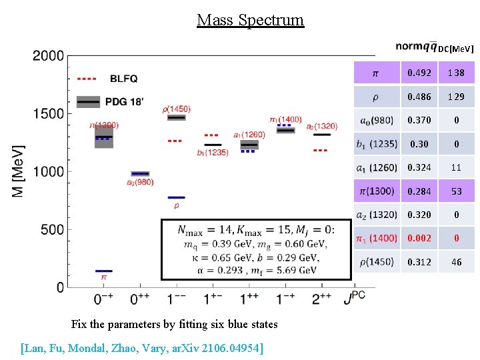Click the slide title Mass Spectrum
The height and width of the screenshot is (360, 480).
click(250, 20)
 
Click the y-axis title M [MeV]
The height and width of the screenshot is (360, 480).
click(19, 171)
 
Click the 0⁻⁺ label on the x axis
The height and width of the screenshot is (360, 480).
click(103, 299)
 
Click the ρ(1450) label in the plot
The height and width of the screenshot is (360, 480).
click(176, 109)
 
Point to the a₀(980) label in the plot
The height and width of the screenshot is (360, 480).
click(140, 183)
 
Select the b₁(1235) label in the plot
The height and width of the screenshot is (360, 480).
click(213, 153)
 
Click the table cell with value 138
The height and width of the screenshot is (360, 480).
click(456, 73)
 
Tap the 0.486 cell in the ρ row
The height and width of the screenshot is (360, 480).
click(419, 97)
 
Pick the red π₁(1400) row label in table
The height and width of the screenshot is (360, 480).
click(378, 238)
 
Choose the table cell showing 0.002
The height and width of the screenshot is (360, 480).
click(419, 238)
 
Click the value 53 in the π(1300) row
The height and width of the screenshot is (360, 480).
click(456, 191)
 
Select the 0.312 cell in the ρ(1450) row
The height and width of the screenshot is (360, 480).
click(419, 262)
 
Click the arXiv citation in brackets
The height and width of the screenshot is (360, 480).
click(141, 347)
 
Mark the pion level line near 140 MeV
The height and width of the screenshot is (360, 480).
click(103, 271)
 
